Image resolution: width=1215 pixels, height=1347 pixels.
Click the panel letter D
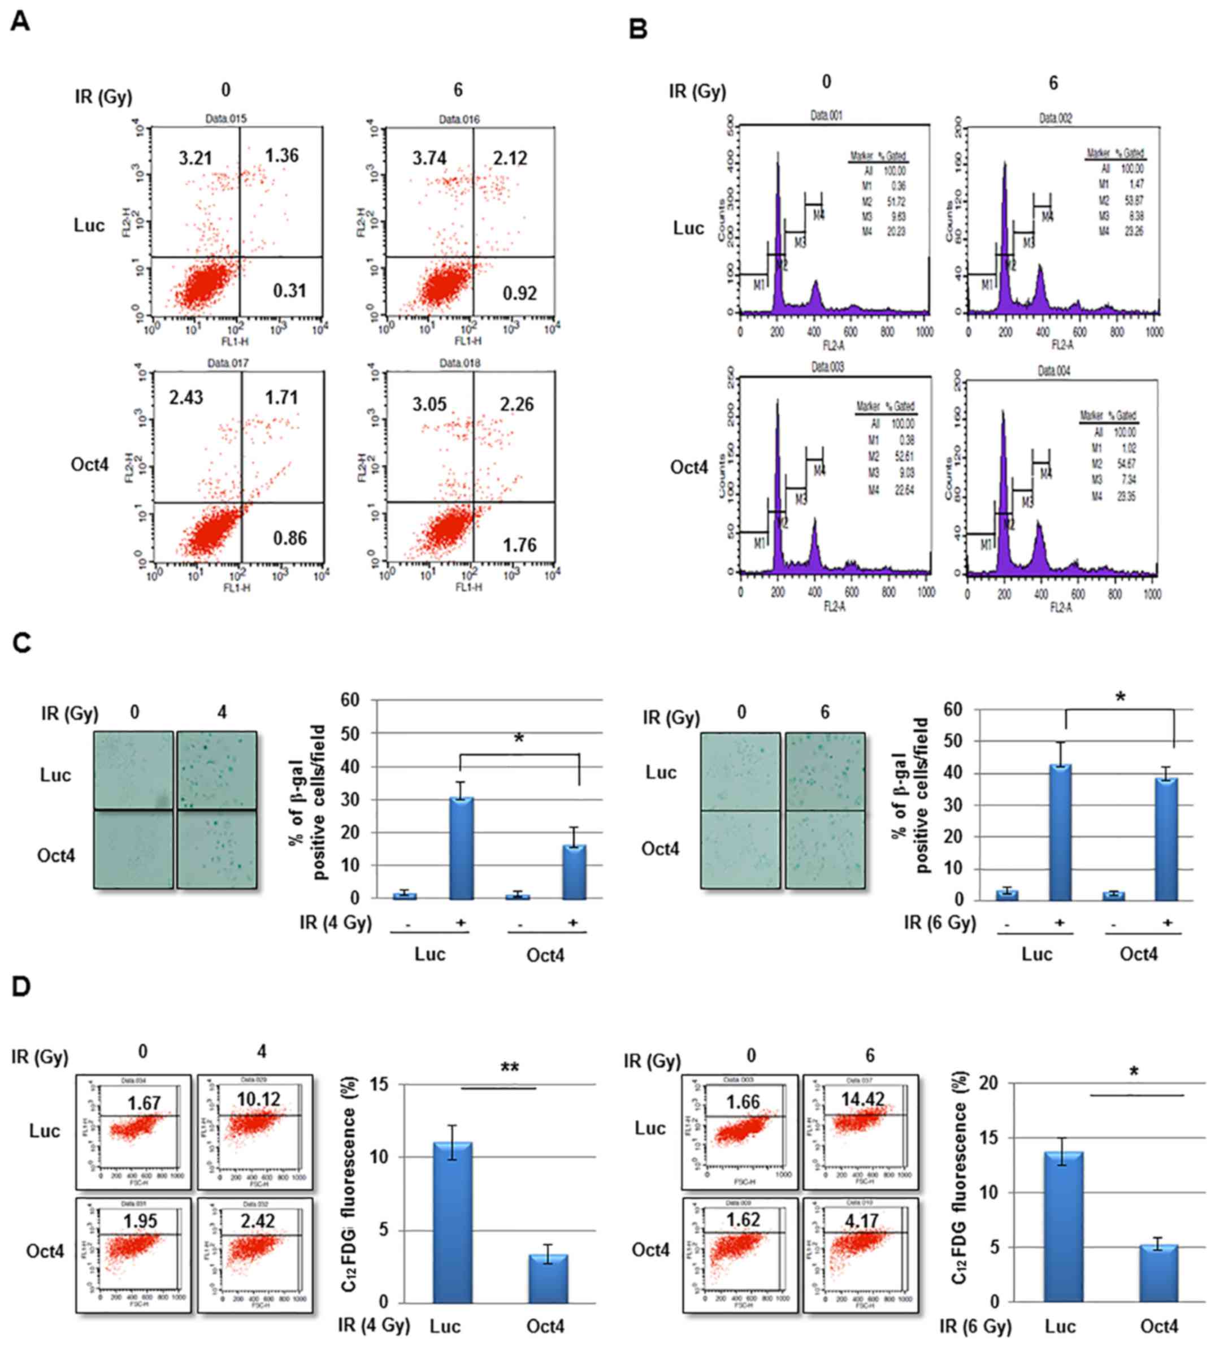pos(21,986)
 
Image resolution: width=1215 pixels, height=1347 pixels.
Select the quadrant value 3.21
pos(195,158)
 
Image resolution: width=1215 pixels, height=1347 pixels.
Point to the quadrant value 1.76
pos(519,545)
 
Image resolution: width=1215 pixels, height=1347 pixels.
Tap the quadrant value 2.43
pos(186,397)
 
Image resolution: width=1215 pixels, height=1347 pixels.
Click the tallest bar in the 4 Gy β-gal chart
pos(461,847)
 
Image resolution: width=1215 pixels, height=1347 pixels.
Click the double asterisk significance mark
pos(510,1068)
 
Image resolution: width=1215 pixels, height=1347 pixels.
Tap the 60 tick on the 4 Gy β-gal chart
pos(350,700)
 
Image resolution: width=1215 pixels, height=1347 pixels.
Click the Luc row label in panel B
pos(688,228)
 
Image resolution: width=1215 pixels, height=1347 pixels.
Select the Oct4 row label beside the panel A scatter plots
pos(89,464)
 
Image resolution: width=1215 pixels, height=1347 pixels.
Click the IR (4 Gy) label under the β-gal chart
pos(335,923)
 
